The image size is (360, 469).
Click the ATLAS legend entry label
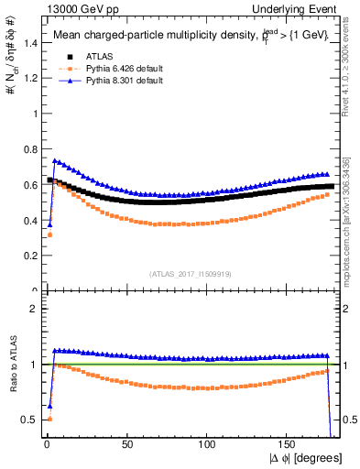click(x=99, y=57)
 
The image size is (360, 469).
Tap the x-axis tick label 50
click(x=127, y=443)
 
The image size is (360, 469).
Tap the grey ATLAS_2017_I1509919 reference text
click(x=190, y=273)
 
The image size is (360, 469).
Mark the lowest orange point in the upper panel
click(x=48, y=235)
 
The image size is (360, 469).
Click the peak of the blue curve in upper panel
click(x=54, y=160)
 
